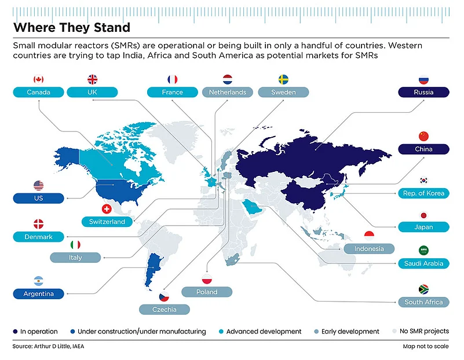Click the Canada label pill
(38, 92)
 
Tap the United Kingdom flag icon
(93, 79)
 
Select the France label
(172, 92)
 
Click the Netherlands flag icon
(228, 79)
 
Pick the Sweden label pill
(283, 92)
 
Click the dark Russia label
(423, 92)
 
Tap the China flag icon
(423, 137)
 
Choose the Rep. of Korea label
(423, 193)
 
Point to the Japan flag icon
(423, 215)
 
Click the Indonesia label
(369, 249)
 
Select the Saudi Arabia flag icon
(423, 250)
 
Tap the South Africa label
(423, 302)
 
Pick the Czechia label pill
(165, 310)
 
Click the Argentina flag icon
(38, 281)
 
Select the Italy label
(75, 257)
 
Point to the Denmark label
(38, 237)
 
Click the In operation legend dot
(15, 332)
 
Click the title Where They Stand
(71, 27)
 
